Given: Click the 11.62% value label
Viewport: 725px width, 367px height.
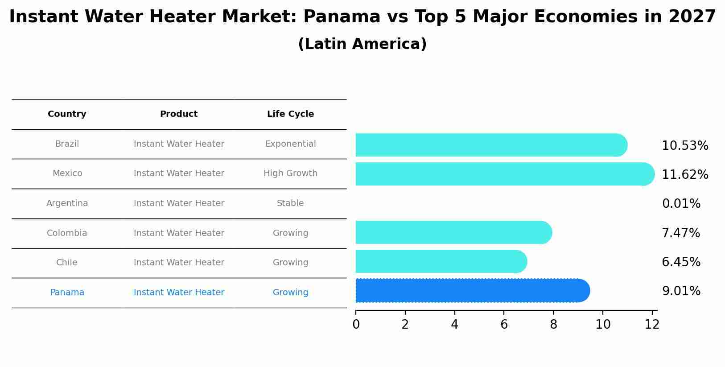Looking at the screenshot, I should coord(685,175).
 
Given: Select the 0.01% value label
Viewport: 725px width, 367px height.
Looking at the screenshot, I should coord(681,204).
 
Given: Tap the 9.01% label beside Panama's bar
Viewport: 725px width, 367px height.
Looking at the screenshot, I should coord(681,291).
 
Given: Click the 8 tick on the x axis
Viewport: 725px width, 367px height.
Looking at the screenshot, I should coord(553,325).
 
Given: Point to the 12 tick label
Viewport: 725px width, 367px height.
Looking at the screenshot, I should coord(652,325).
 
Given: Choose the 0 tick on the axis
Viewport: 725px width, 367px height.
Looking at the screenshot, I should coord(356,325).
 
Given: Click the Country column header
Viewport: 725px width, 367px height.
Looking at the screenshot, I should coord(67,114).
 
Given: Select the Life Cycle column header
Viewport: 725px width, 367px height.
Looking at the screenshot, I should coord(290,114).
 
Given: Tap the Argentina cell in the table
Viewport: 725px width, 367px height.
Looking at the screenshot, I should coord(67,203).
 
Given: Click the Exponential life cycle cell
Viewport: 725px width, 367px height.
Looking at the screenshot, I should coord(290,144).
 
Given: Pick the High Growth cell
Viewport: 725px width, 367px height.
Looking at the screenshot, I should coord(290,173).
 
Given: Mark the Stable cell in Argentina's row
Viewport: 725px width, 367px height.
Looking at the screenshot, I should coord(290,203).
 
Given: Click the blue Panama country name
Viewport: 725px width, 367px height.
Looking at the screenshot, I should coord(67,293).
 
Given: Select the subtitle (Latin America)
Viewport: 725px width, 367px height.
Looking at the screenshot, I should coord(362,44).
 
